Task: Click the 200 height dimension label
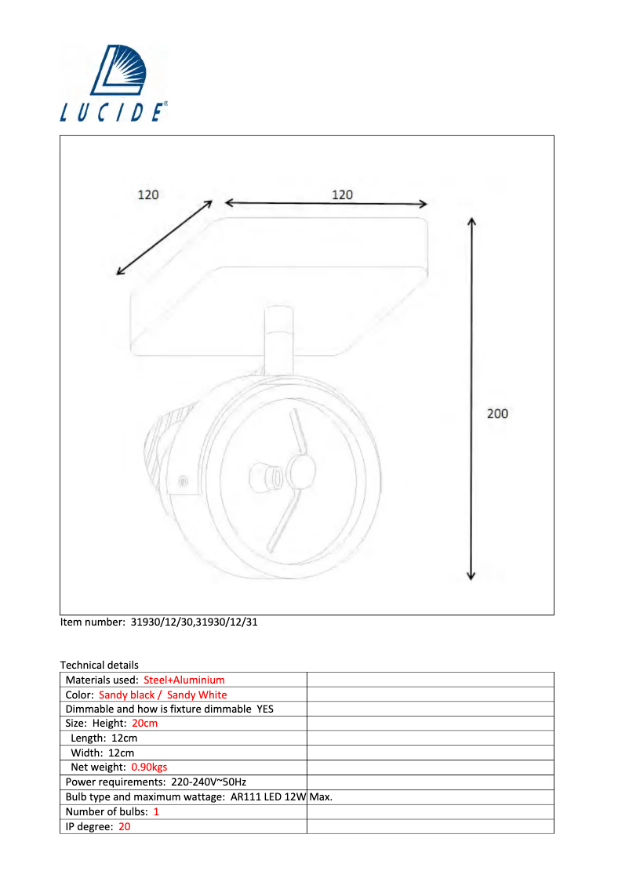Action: pos(497,413)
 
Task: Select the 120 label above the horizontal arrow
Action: pos(342,194)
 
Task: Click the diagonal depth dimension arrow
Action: pos(165,238)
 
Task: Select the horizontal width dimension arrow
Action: pos(325,204)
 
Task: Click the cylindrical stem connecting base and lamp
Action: pos(278,341)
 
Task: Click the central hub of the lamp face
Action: pos(300,471)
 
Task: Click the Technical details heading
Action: pos(99,665)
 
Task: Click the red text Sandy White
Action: pos(197,695)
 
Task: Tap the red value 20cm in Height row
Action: pos(144,724)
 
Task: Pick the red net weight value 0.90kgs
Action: pos(149,767)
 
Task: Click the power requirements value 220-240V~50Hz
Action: pos(209,782)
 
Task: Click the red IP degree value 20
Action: pos(124,826)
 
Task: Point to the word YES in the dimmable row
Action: pos(265,709)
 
